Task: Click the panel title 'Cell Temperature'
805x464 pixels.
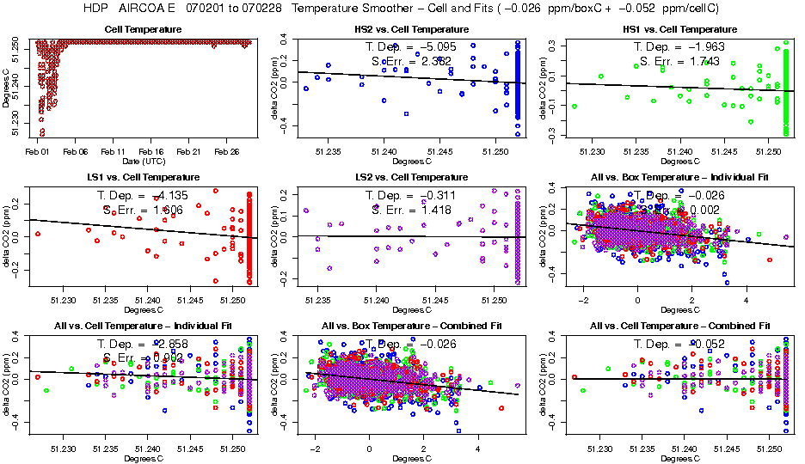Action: coord(143,29)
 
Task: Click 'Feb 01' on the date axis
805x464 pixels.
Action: coord(37,151)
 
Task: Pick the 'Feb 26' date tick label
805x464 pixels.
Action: coord(227,151)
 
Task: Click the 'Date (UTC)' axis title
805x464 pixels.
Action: coord(143,162)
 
